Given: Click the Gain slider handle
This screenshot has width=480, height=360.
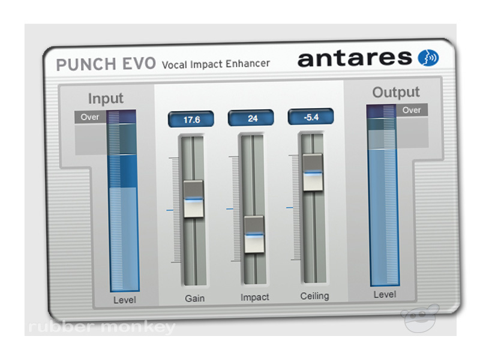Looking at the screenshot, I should point(193,199).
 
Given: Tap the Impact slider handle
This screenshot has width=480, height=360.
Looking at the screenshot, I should point(253,235).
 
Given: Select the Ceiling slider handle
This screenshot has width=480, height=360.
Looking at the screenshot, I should point(312,172).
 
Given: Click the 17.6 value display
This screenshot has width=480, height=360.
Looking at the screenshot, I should point(192,119).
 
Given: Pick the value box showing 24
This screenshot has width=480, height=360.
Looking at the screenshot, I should point(253,118).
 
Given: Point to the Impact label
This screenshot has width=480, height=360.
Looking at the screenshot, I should point(255,297).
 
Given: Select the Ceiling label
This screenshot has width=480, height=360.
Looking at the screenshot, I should point(314,295).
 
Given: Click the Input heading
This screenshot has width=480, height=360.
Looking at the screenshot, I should point(106,98).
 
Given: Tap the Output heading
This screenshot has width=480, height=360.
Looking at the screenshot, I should point(396,92).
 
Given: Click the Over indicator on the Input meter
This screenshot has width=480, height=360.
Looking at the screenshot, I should point(90,117).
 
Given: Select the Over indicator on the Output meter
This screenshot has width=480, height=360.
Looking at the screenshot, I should point(412,110).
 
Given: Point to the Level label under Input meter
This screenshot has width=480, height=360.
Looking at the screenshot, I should point(125,299).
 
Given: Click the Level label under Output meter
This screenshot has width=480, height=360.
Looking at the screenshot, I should point(385,295).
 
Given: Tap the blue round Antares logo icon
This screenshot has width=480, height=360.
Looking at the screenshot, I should point(428,58).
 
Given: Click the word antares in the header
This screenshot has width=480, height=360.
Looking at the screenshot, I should point(355,58).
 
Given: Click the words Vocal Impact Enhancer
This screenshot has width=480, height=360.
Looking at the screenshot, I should point(216,63).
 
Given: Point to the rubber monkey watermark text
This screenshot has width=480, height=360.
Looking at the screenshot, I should point(102,328).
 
